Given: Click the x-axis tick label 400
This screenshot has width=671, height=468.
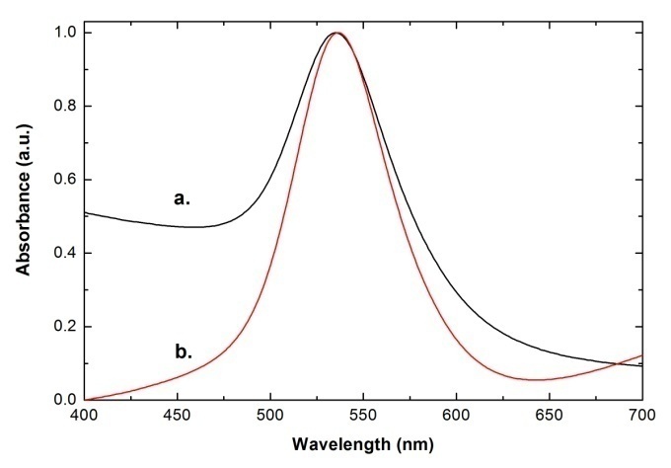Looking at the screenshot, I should pos(85,418).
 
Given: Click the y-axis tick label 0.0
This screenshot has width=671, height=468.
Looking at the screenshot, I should pos(64,400).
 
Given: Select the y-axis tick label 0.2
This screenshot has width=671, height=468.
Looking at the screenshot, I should pos(64,327).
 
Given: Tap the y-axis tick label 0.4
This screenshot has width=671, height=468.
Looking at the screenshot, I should pos(64,253).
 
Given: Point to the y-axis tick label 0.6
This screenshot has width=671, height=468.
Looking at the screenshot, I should pos(64,180).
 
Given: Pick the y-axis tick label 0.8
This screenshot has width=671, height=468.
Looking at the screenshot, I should pos(64,107).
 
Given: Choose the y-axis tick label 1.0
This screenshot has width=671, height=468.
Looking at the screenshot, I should pos(64,33).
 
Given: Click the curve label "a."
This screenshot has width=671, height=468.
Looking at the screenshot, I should pos(182,197).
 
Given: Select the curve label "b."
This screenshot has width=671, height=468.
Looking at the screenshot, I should pos(182,349).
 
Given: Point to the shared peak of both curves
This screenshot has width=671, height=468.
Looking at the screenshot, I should pos(336,33).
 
